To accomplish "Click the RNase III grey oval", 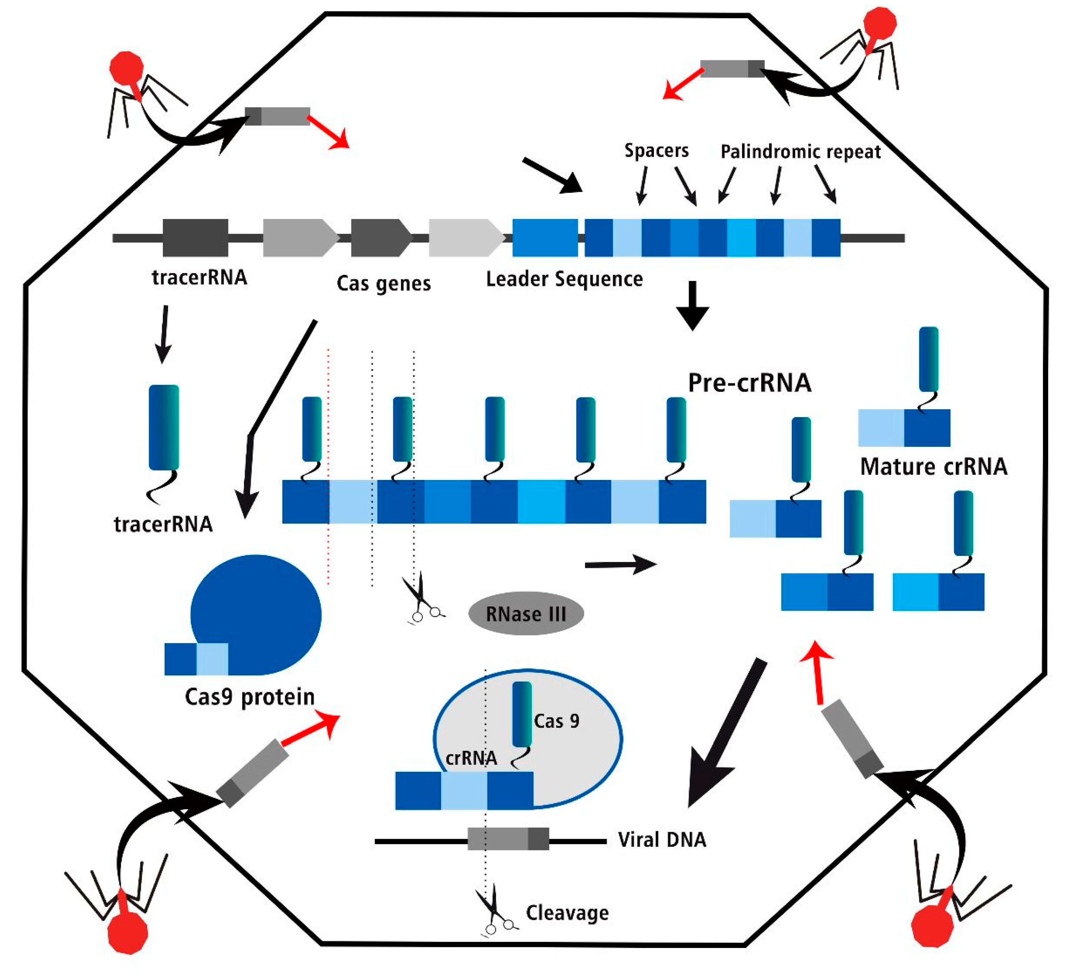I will pyautogui.click(x=525, y=614).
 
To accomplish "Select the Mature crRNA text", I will pyautogui.click(x=933, y=467).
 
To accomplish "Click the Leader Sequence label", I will pyautogui.click(x=564, y=279).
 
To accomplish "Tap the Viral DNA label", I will pyautogui.click(x=662, y=840).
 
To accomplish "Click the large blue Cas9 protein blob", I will pyautogui.click(x=257, y=614).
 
